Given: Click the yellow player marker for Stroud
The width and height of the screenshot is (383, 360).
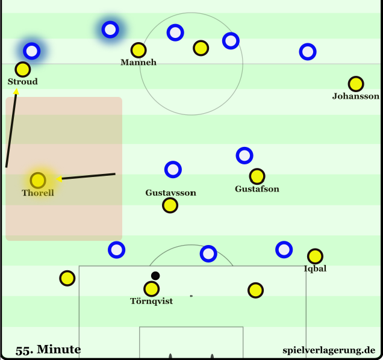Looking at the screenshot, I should (23, 69).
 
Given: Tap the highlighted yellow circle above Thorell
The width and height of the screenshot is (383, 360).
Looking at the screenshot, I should (38, 180).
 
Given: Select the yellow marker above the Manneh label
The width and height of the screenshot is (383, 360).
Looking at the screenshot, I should (139, 50).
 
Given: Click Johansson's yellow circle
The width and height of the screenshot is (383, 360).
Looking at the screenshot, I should (356, 84).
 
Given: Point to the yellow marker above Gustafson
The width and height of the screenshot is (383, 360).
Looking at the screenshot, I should (257, 176).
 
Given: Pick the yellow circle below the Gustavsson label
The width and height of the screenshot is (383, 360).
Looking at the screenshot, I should (170, 205).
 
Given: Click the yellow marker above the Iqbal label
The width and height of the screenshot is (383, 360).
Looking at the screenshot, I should (315, 256).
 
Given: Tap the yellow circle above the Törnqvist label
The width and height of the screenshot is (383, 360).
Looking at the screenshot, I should (151, 289).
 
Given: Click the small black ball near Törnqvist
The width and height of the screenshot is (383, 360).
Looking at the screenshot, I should (155, 276).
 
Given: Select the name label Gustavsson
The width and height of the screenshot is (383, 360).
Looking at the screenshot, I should (170, 193).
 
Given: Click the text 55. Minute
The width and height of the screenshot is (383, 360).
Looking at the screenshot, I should (49, 350).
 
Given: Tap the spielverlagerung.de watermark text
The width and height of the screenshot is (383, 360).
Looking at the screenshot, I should (329, 350).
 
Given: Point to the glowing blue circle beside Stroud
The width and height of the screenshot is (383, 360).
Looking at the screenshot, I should (31, 51).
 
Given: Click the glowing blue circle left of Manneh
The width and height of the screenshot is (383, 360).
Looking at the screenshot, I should (110, 29).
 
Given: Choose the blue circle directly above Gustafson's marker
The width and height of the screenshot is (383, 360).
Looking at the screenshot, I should (244, 155).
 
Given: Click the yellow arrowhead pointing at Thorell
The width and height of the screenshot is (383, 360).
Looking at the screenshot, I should (60, 179).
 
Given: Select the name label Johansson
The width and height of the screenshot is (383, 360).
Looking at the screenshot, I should (356, 96).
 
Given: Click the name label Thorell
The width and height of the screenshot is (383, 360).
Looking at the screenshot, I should (38, 193).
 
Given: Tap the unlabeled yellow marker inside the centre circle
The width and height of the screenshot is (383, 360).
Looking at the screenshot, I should (201, 48).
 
